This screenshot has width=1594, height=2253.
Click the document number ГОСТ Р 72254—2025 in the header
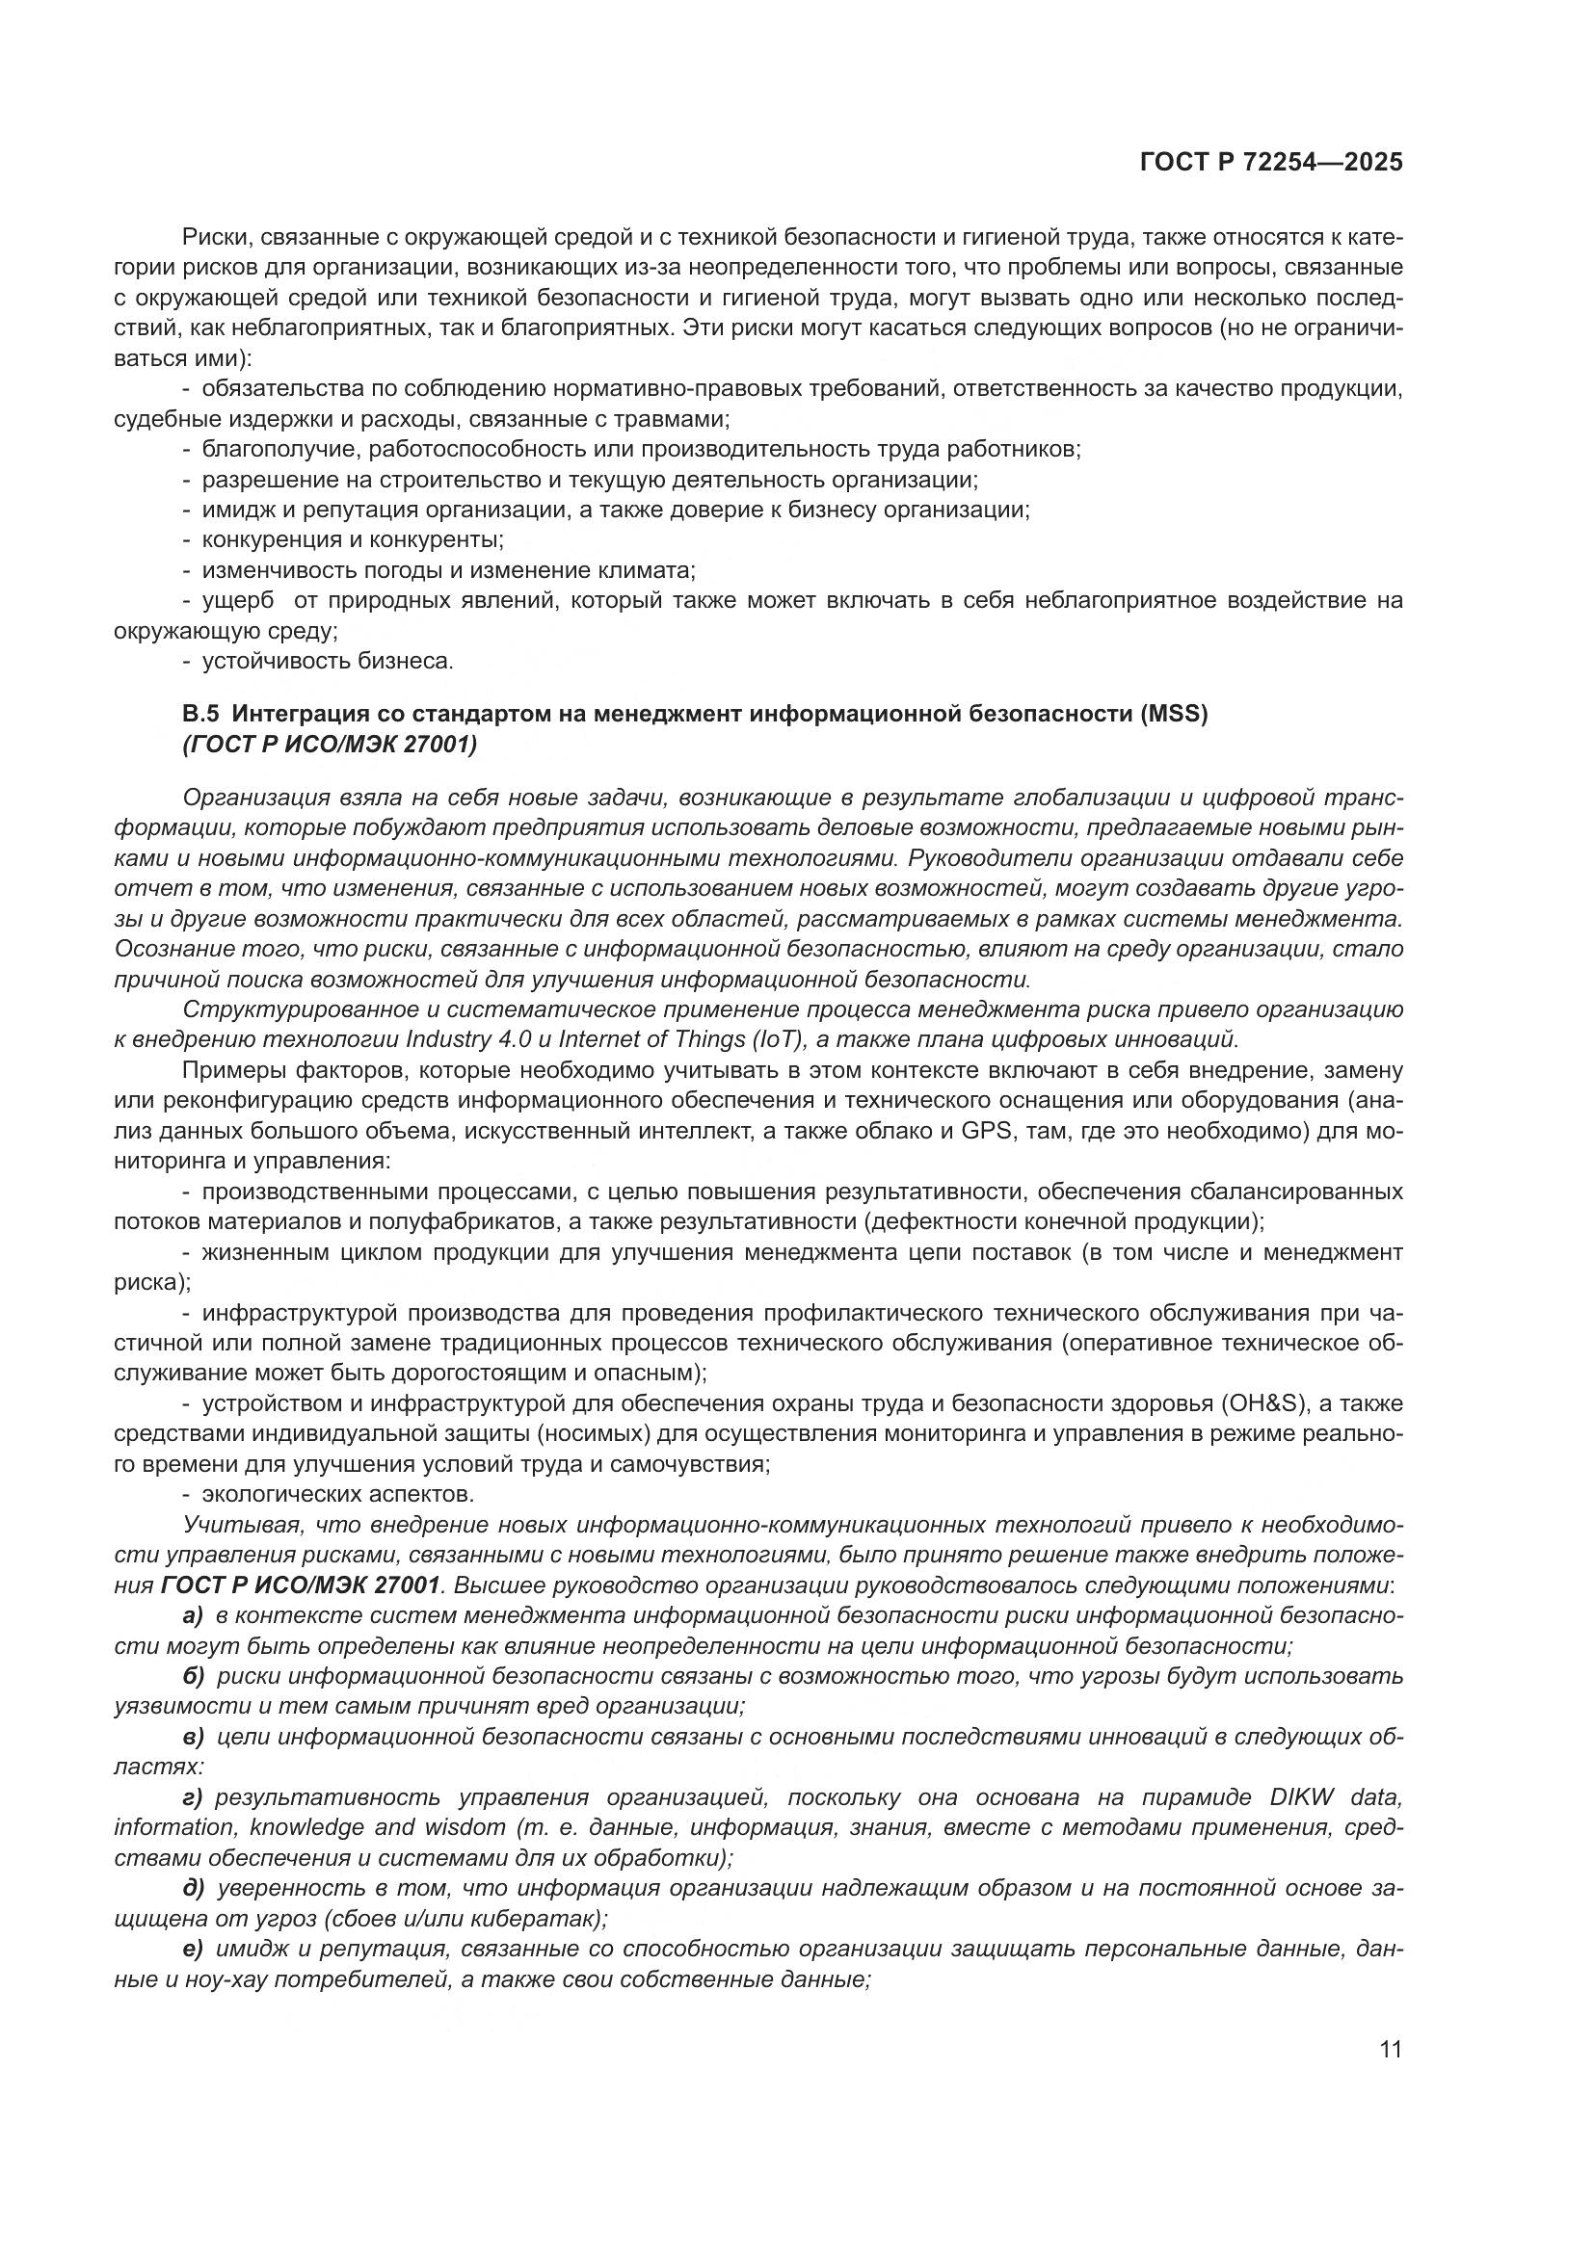click(1271, 162)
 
